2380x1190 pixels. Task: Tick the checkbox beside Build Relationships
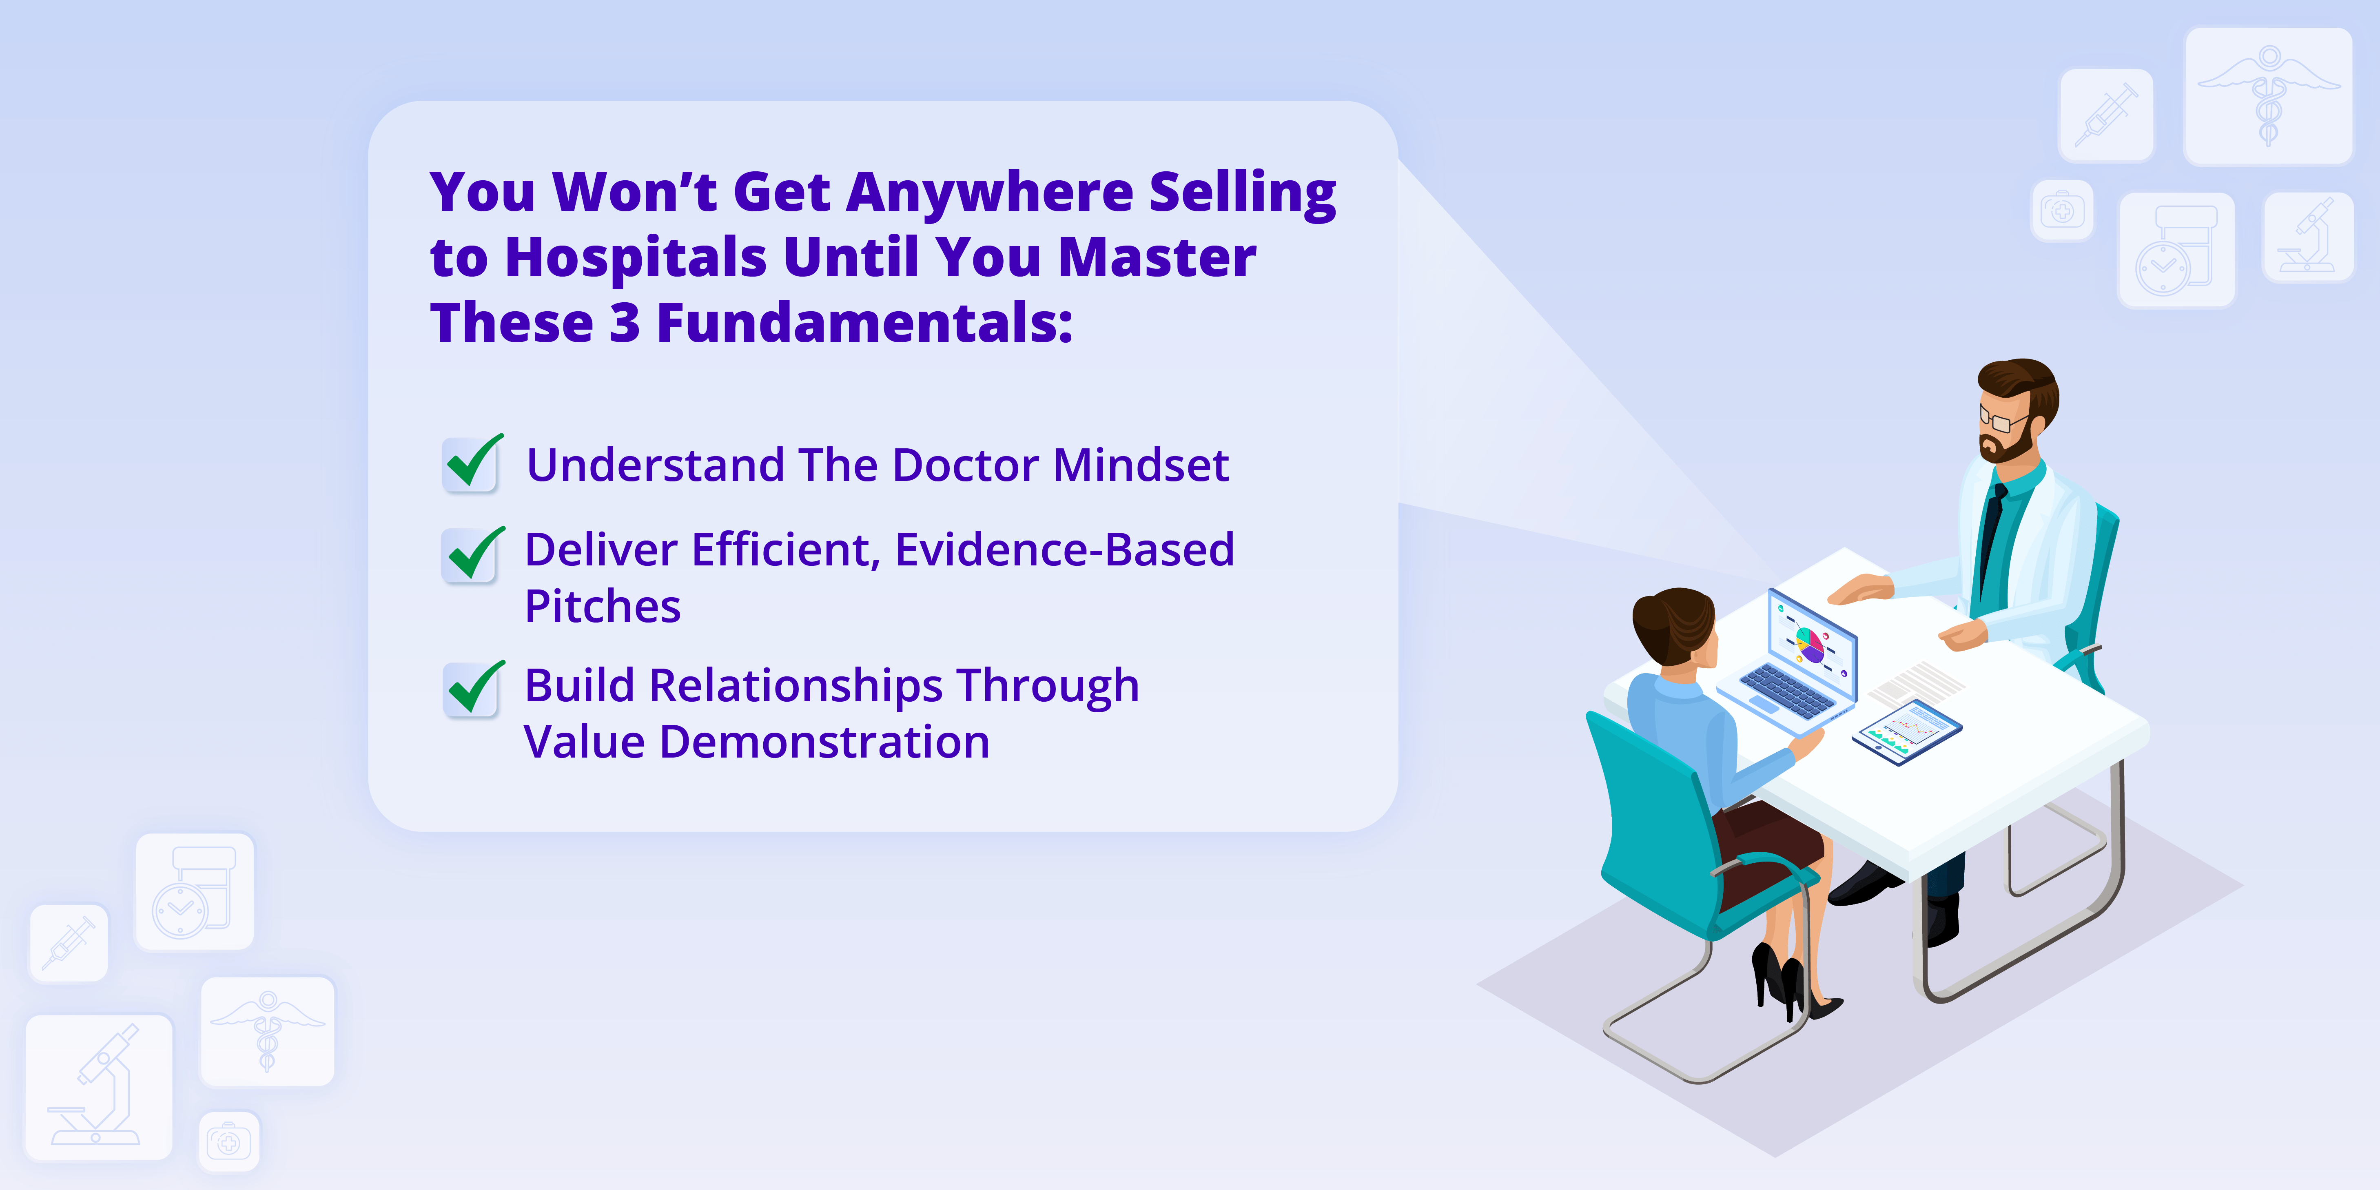click(x=473, y=688)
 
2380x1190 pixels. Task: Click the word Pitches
click(x=603, y=607)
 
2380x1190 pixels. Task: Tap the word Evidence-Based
click(x=1064, y=550)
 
